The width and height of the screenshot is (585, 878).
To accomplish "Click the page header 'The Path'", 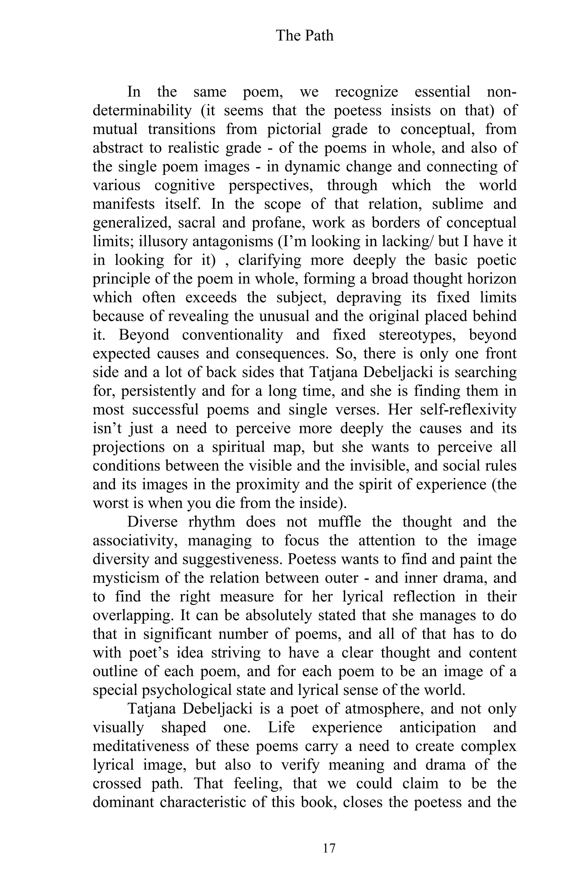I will click(x=304, y=36).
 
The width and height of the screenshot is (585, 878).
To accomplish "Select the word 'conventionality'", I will click(x=233, y=335).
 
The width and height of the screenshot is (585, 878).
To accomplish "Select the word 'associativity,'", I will click(x=137, y=540).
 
